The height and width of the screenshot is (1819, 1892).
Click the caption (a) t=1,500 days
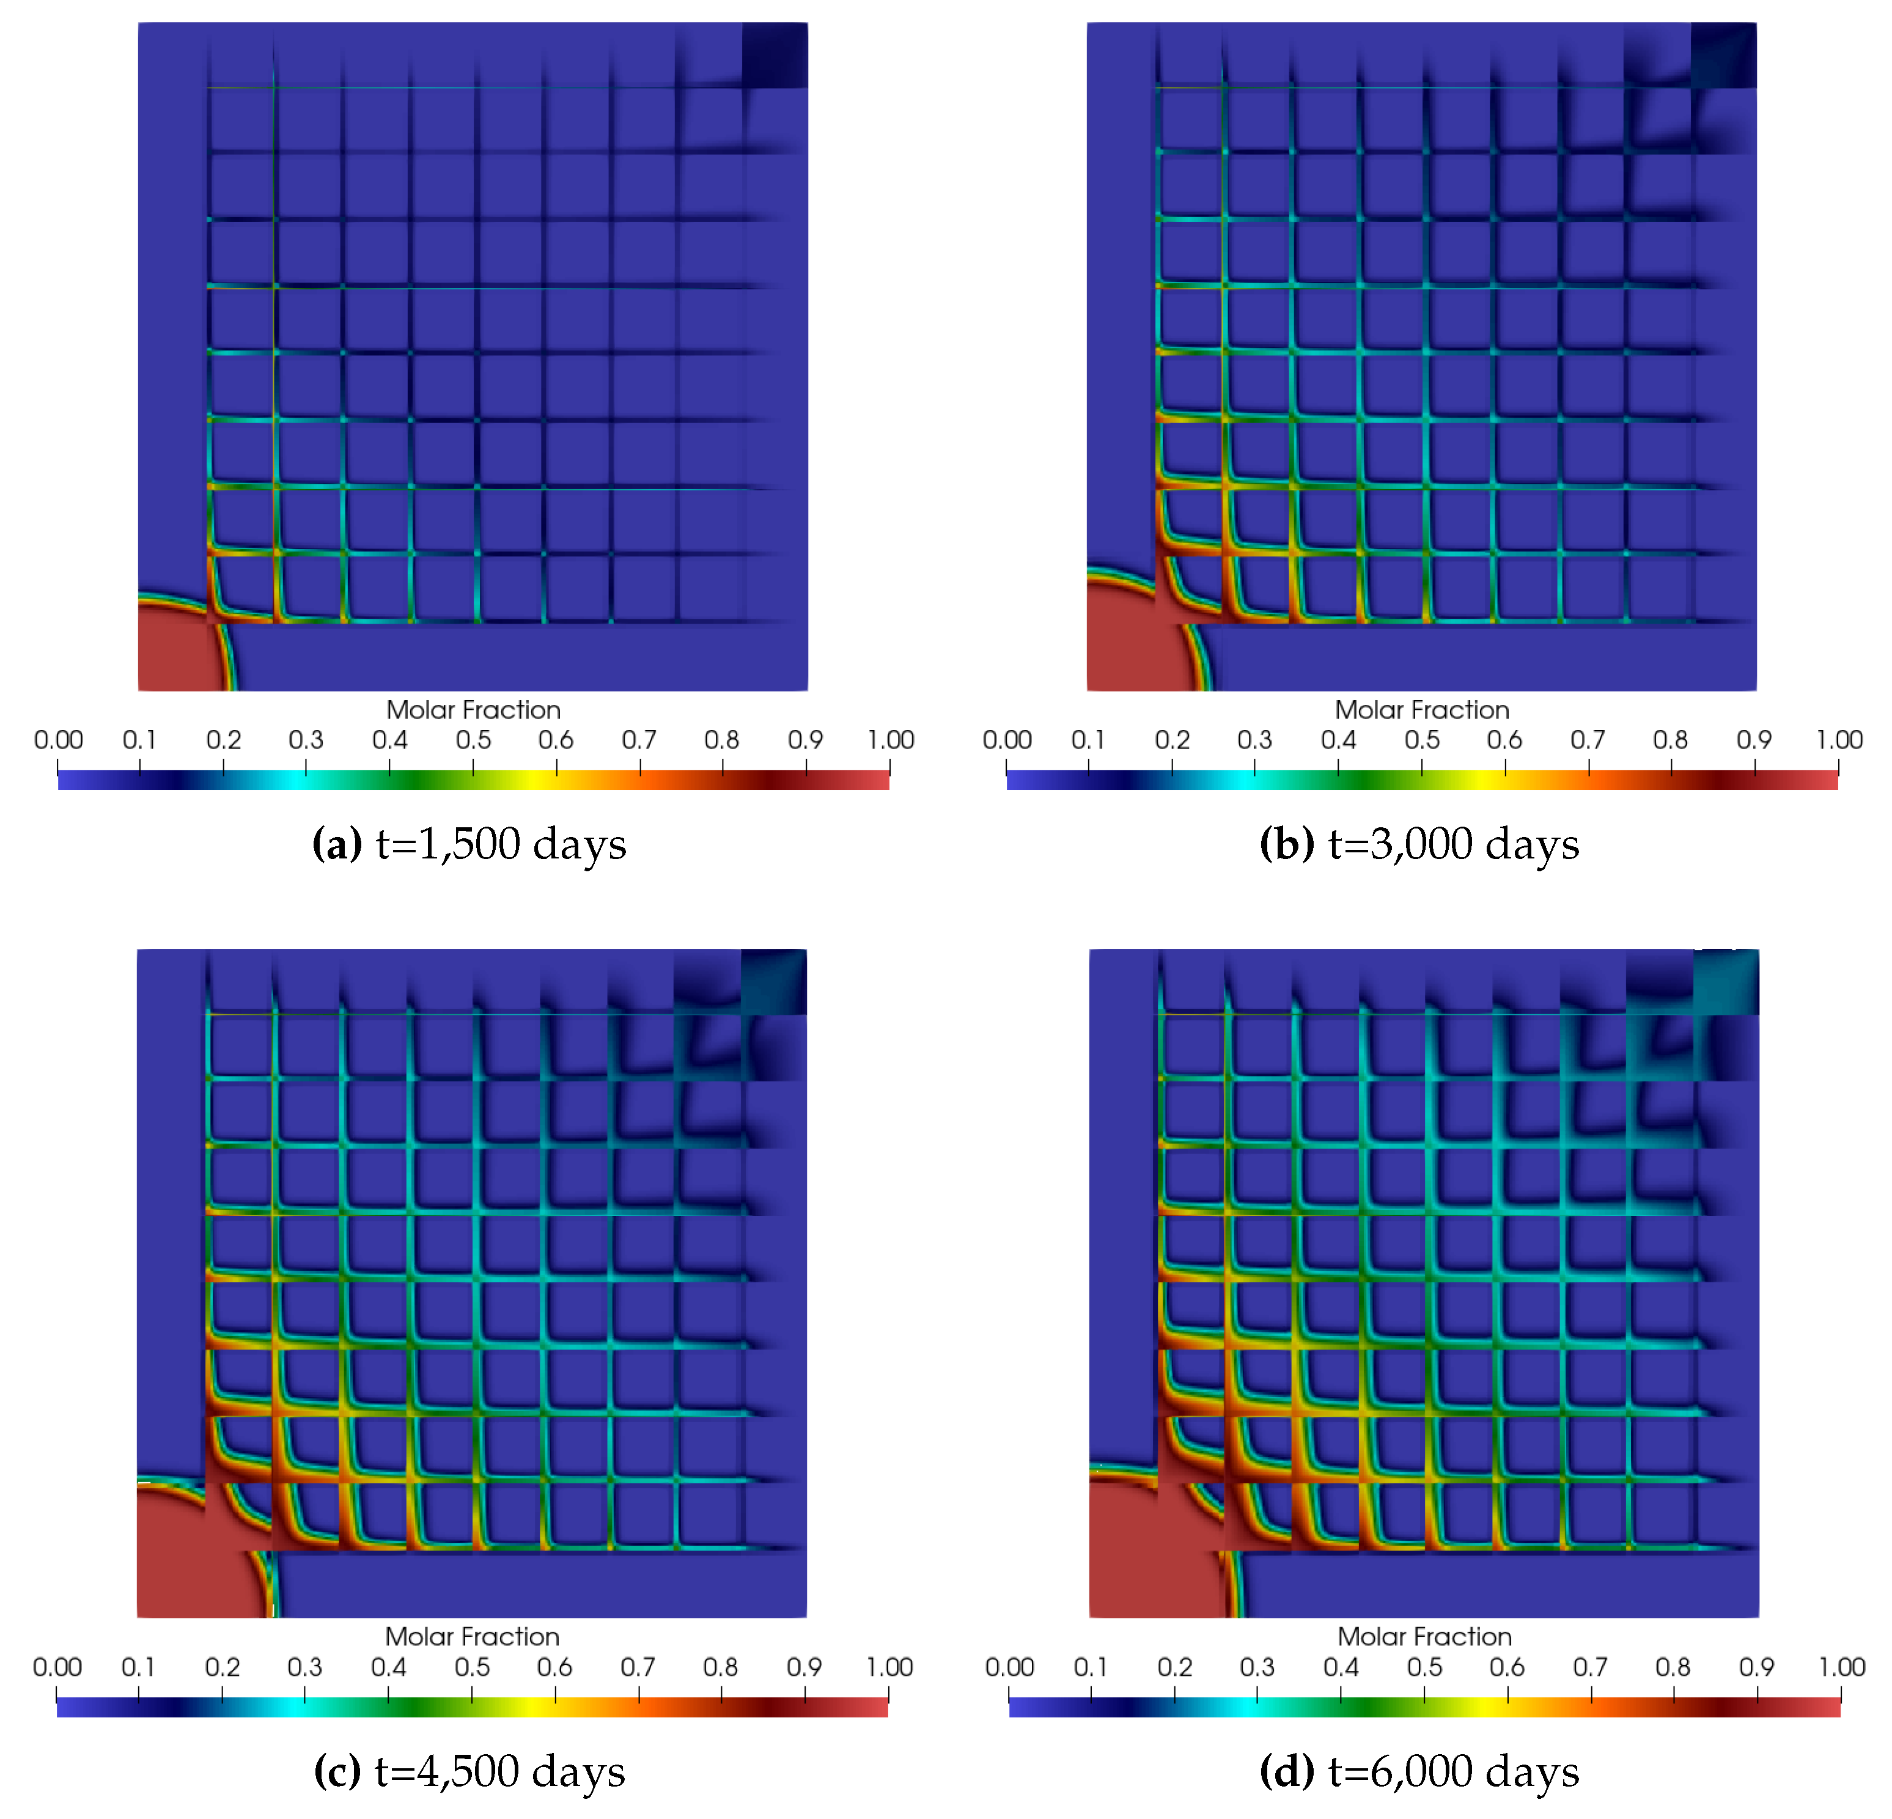tap(469, 844)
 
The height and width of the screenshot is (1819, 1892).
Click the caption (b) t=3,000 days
tap(1419, 844)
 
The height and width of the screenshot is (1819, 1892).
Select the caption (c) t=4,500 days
tap(469, 1771)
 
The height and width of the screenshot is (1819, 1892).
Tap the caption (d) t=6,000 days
tap(1419, 1771)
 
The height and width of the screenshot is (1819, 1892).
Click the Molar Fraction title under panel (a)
tap(473, 710)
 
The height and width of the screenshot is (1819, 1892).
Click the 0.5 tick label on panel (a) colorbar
tap(473, 740)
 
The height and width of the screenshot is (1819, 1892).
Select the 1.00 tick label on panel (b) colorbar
tap(1839, 740)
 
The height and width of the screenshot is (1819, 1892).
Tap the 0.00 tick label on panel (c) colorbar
tap(57, 1667)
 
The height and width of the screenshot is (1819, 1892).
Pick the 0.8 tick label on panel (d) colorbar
tap(1673, 1667)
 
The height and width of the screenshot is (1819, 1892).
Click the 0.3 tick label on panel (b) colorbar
tap(1255, 740)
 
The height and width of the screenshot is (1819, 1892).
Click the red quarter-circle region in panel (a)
tap(174, 652)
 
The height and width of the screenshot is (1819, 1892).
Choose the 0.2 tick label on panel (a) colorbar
tap(223, 740)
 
